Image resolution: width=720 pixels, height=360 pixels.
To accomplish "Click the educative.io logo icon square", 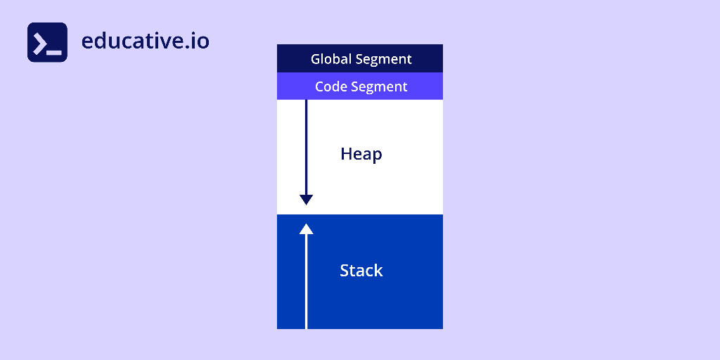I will [x=47, y=42].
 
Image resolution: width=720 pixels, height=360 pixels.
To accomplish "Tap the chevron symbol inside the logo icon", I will [x=41, y=42].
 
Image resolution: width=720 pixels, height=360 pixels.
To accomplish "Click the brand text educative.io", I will [x=145, y=41].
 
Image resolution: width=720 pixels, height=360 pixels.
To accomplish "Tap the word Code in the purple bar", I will [x=330, y=86].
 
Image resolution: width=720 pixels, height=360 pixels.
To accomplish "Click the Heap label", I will [x=361, y=154].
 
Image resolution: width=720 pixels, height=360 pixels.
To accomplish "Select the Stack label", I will [x=361, y=270].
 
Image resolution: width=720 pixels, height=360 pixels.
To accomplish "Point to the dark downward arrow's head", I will [x=306, y=200].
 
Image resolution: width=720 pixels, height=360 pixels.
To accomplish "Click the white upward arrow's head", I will [x=306, y=229].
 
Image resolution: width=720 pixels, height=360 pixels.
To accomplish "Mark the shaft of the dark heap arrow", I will [x=306, y=148].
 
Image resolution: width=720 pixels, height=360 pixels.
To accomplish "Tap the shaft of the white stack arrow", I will [x=306, y=281].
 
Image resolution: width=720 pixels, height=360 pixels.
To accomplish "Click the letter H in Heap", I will [x=346, y=153].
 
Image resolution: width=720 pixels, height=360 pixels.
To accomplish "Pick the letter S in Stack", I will [x=345, y=270].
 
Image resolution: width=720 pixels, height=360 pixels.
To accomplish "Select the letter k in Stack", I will [x=378, y=270].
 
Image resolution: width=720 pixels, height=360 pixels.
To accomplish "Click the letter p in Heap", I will [x=377, y=155].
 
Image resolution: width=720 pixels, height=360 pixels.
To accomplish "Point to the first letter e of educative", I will [x=87, y=41].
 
